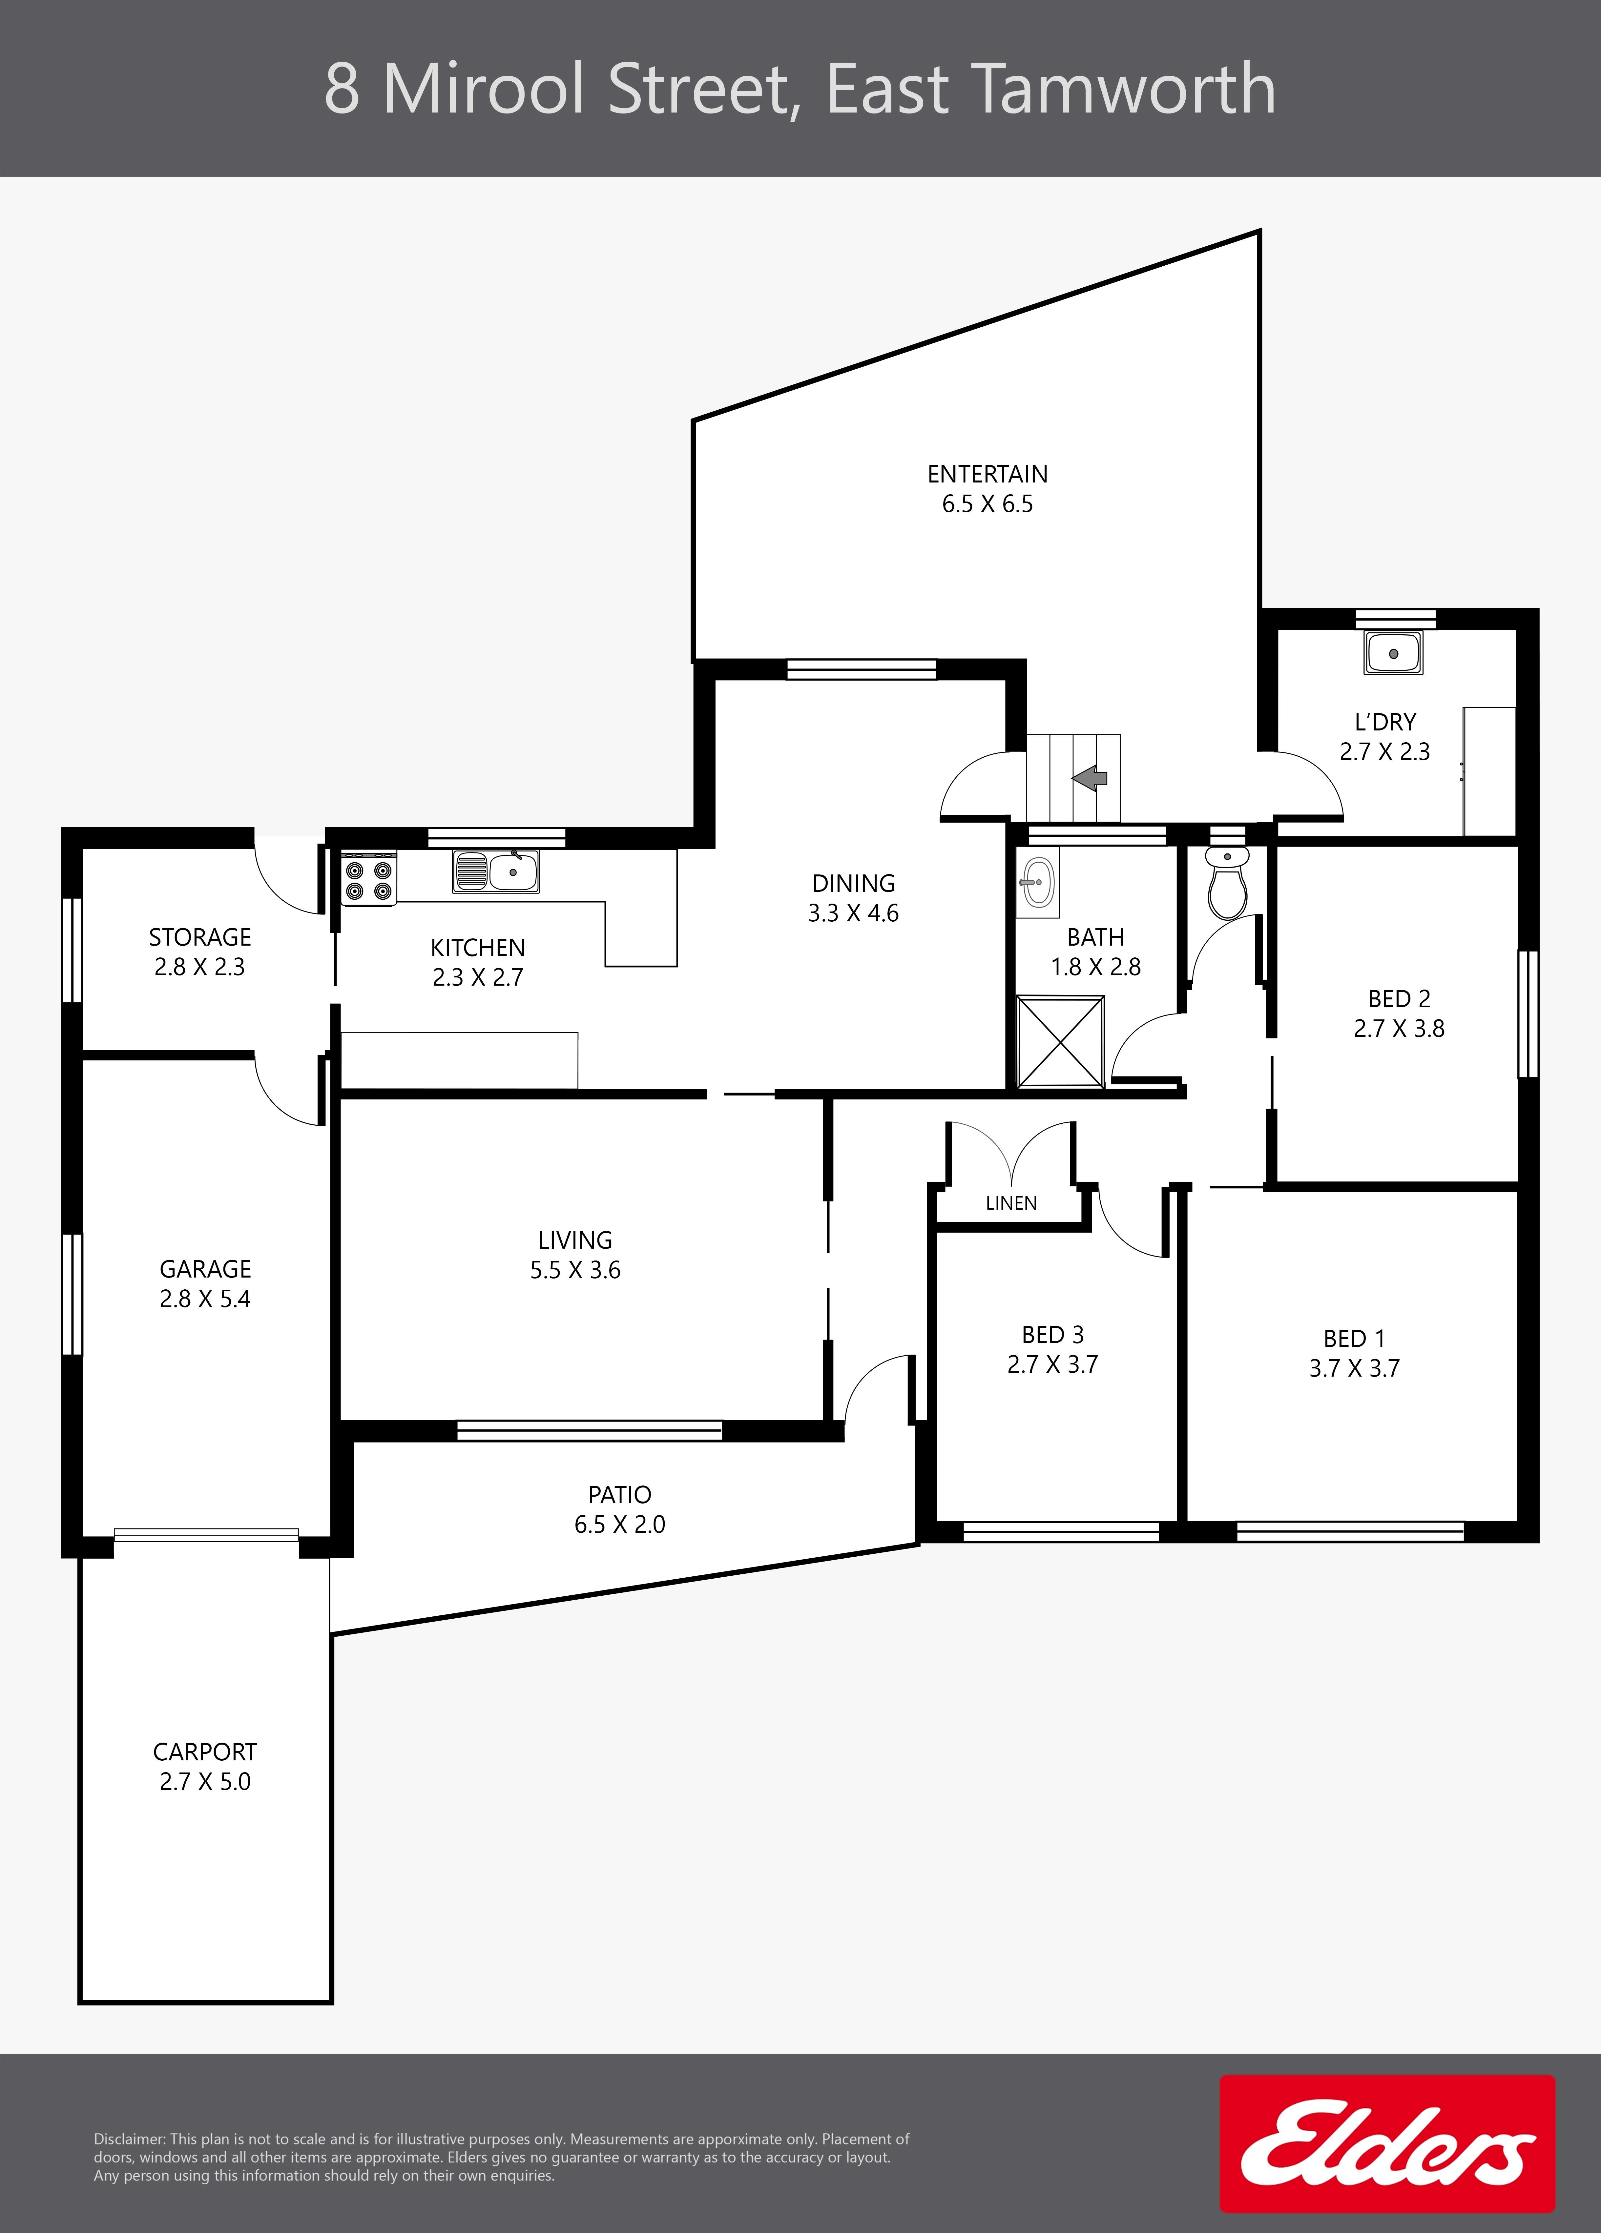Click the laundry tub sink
tap(1393, 653)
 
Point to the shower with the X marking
tap(1060, 1042)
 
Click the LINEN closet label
tap(1011, 1203)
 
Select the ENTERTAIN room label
tap(988, 475)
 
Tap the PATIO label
tap(620, 1495)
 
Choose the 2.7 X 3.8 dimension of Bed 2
tap(1399, 1029)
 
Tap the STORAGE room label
tap(200, 937)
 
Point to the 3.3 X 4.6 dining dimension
tap(854, 914)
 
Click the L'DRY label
tap(1385, 722)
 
